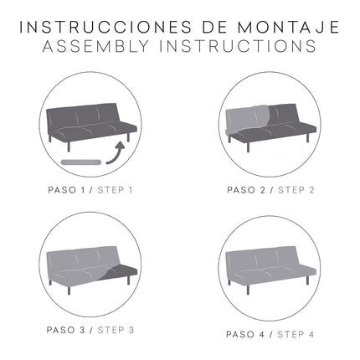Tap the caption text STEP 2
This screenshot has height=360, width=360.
pyautogui.click(x=296, y=189)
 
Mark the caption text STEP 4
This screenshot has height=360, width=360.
pyautogui.click(x=295, y=334)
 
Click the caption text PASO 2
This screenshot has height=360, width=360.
pyautogui.click(x=245, y=189)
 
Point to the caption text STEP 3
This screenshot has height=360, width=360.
pyautogui.click(x=116, y=330)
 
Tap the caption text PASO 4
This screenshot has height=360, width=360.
pyautogui.click(x=245, y=334)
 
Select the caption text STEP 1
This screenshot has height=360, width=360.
pyautogui.click(x=116, y=189)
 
